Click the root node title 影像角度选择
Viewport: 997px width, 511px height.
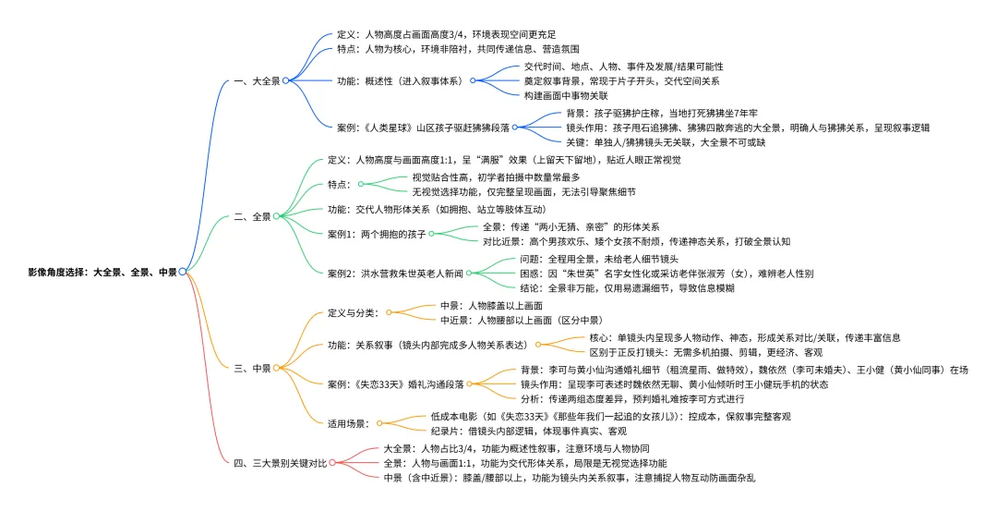pyautogui.click(x=102, y=271)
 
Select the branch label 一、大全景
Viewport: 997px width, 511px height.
pyautogui.click(x=258, y=80)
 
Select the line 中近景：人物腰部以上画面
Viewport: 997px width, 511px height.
pyautogui.click(x=509, y=321)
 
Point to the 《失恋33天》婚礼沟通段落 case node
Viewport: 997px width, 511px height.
pyautogui.click(x=395, y=383)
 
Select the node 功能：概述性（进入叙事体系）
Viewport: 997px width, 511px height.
pyautogui.click(x=401, y=80)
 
